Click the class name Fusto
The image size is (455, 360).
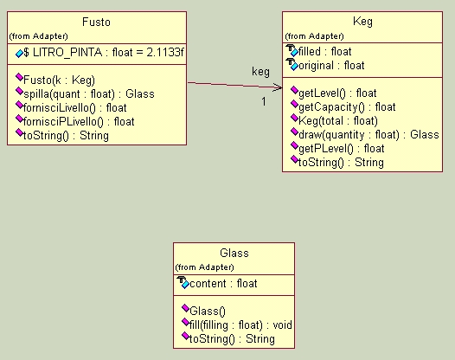(x=96, y=22)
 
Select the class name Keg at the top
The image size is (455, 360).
(x=362, y=22)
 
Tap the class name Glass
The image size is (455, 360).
(x=234, y=254)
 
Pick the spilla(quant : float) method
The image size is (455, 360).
(x=89, y=94)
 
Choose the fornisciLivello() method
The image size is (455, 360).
(x=75, y=108)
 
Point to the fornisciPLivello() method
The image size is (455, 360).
(x=79, y=122)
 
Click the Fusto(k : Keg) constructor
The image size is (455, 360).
(x=59, y=80)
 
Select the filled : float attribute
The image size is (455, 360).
(x=324, y=52)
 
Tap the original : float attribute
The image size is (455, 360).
(x=331, y=66)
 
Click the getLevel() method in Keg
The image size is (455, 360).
(x=337, y=93)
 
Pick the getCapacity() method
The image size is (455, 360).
(x=347, y=107)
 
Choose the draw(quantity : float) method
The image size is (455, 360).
(x=368, y=135)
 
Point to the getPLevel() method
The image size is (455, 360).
(x=341, y=149)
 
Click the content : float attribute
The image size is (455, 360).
(x=223, y=283)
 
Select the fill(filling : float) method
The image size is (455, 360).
(x=240, y=325)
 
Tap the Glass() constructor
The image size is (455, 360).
(x=208, y=312)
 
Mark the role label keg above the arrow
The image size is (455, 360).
(x=260, y=72)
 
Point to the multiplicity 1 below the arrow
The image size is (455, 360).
(x=264, y=101)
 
